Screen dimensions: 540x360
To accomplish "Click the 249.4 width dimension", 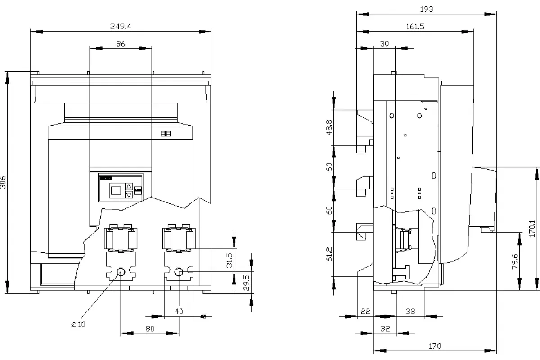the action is point(121,26).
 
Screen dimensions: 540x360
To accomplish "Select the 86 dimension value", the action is point(121,44).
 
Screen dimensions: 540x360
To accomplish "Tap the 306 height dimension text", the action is point(3,182).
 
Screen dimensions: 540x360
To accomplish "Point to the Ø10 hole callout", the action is point(78,324).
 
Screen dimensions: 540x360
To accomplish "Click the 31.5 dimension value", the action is point(230,260).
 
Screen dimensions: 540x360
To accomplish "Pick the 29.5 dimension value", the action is point(246,282).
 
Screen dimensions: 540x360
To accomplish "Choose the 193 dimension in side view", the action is point(427,9).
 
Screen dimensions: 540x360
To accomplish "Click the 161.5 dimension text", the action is point(415,26).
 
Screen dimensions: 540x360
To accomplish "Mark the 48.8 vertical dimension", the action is point(329,127).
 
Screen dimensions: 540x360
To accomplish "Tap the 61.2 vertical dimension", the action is point(329,254).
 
